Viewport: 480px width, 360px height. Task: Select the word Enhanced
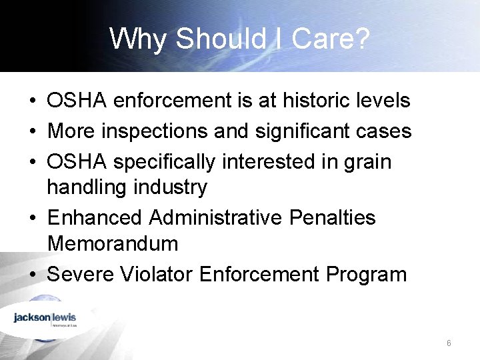(95, 218)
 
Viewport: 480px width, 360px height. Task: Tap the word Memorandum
(113, 244)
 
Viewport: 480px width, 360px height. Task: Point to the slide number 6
(449, 343)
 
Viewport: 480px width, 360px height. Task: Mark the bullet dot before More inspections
(32, 132)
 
